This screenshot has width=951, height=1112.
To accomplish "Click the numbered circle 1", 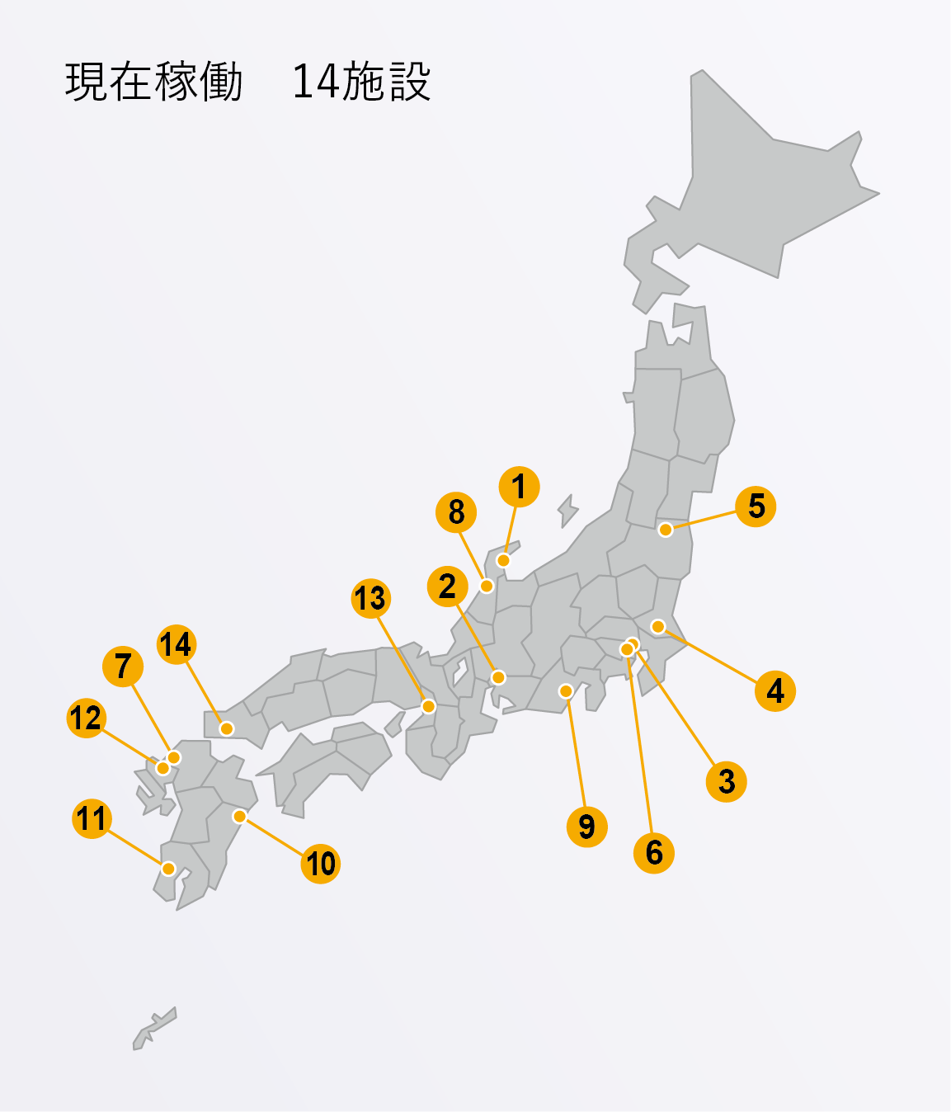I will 519,487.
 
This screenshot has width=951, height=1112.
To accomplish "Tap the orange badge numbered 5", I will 756,507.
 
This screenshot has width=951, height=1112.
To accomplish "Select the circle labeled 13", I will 370,598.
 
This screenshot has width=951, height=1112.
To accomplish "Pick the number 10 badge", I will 320,864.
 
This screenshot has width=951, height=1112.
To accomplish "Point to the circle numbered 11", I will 92,818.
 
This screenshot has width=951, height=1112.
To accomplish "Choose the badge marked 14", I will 176,644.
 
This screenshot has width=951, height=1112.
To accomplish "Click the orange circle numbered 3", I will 726,781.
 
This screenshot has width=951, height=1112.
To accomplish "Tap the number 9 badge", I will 586,826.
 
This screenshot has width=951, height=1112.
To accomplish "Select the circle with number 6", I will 653,852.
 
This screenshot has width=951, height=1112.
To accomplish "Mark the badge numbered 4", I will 774,690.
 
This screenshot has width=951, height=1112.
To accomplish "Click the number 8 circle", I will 456,512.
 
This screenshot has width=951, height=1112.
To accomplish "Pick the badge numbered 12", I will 86,718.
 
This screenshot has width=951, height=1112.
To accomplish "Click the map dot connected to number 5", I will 666,530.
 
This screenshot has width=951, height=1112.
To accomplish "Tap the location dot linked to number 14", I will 227,728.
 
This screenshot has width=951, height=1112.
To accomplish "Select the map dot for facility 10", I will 239,816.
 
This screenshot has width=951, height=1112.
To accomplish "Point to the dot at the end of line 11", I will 168,868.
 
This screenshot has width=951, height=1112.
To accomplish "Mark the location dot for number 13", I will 428,706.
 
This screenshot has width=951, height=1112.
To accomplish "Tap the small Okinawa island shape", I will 154,1028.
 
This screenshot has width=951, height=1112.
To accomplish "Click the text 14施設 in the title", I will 361,82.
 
